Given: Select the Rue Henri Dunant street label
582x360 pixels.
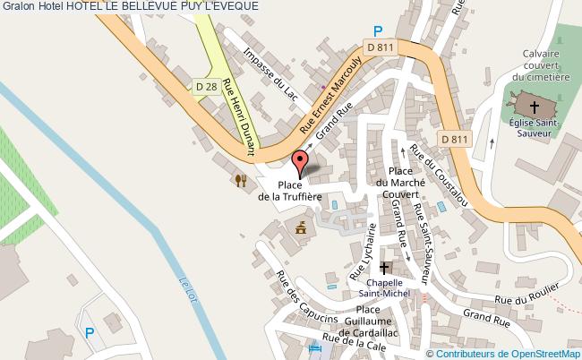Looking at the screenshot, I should click(239, 114).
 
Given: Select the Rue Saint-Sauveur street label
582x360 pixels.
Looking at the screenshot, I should click(421, 235).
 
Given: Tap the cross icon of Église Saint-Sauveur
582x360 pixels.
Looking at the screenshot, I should click(535, 107).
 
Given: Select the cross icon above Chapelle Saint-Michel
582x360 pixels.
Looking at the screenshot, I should click(385, 268).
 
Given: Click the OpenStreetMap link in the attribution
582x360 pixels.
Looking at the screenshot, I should click(540, 353).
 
